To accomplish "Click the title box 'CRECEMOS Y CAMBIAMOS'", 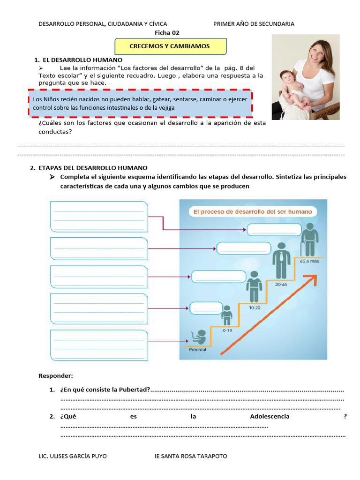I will (x=171, y=46).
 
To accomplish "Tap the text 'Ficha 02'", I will (x=167, y=33).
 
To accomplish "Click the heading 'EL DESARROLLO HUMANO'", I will (x=82, y=60).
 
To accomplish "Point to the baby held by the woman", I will (x=294, y=89).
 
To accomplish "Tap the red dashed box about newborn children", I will (x=140, y=103).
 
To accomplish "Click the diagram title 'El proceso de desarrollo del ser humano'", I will (x=253, y=212).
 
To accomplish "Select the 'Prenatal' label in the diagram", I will (x=197, y=350).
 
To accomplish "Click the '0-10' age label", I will (x=227, y=330).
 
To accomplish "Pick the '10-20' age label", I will (x=255, y=308).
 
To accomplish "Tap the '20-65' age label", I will (x=281, y=284).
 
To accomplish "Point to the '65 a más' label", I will (x=309, y=261).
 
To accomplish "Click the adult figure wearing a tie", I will (x=281, y=260).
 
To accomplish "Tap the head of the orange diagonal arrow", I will (x=312, y=278).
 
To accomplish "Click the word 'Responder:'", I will (x=55, y=376).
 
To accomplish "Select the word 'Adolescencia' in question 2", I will (x=270, y=416).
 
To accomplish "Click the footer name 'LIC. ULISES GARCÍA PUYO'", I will (x=72, y=456).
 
